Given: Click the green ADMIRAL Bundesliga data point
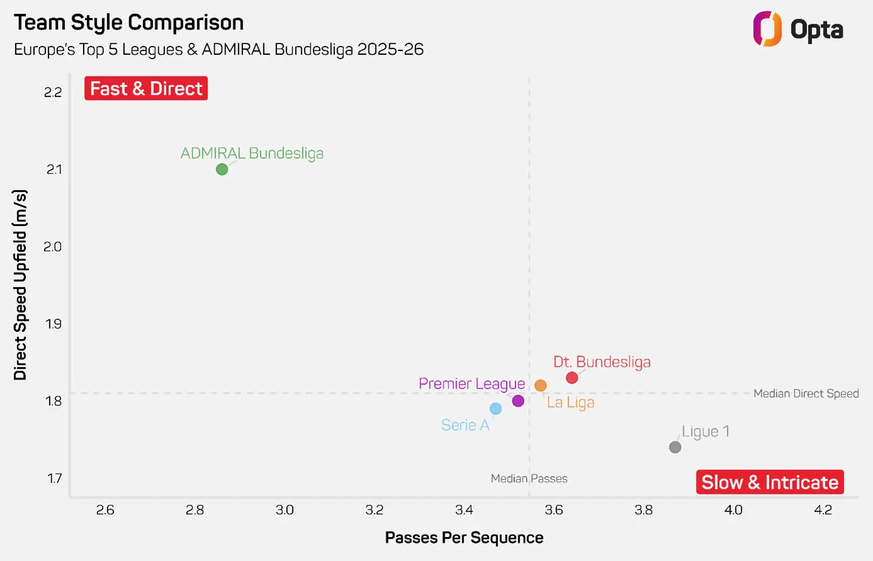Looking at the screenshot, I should click(x=222, y=169).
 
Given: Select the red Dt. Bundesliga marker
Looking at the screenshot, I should click(x=572, y=378).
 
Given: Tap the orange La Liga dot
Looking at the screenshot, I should click(x=540, y=385).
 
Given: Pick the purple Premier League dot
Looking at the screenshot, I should click(x=518, y=401).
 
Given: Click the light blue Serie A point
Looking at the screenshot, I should click(x=496, y=409).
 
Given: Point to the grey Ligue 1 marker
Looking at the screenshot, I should click(x=675, y=447).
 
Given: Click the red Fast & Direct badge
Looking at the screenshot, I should click(x=146, y=89).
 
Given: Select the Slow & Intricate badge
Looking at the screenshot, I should click(x=770, y=482).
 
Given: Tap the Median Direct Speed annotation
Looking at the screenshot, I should click(x=806, y=394).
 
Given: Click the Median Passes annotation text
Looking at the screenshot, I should click(x=529, y=479).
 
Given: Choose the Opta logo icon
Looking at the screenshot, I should click(x=767, y=29).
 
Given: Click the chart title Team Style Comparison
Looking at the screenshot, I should click(x=128, y=23).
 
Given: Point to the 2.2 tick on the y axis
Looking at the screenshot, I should click(x=53, y=93).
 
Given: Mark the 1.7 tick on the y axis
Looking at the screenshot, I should click(x=54, y=479).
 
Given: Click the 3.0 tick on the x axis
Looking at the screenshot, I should click(x=285, y=510).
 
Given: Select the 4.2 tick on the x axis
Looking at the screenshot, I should click(x=823, y=510).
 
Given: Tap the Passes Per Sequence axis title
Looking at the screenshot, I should click(x=464, y=538).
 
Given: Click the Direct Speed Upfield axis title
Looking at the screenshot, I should click(x=20, y=285).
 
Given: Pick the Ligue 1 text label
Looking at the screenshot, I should click(x=705, y=431).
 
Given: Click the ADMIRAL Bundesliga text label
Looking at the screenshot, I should click(x=252, y=153).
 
